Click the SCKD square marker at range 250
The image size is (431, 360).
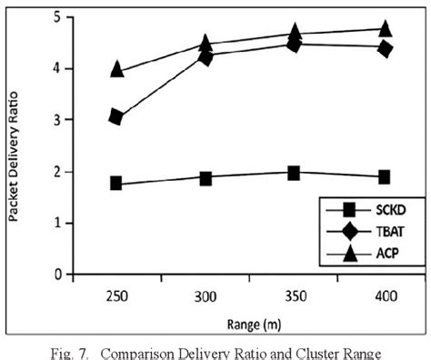116,183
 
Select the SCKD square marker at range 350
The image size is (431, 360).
294,173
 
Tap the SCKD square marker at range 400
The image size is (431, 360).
384,176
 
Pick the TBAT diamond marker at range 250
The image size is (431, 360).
116,116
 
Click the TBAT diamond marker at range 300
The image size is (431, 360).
205,57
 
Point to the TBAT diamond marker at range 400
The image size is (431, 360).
384,48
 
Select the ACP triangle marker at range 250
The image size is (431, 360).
116,69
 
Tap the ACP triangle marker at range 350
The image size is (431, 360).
294,33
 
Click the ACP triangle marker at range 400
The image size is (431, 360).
384,28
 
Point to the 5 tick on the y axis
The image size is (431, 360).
56,17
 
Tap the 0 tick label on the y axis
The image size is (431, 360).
56,275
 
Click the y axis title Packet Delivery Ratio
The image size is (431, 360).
15,145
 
